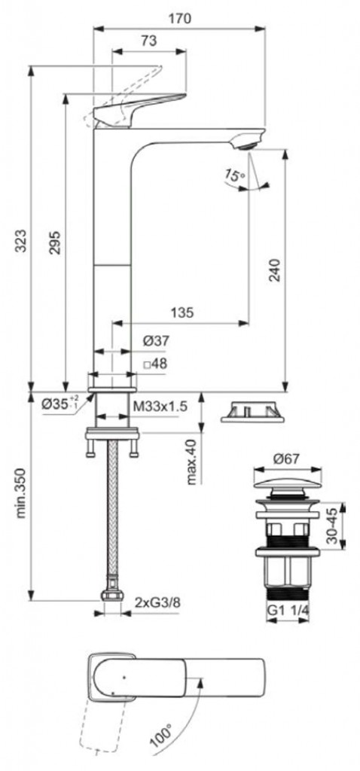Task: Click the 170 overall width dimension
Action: click(x=180, y=19)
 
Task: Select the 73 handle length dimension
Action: click(x=149, y=41)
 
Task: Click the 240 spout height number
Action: click(x=276, y=270)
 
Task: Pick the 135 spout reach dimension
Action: click(x=182, y=312)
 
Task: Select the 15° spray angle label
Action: click(x=234, y=175)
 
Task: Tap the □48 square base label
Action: click(x=155, y=365)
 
